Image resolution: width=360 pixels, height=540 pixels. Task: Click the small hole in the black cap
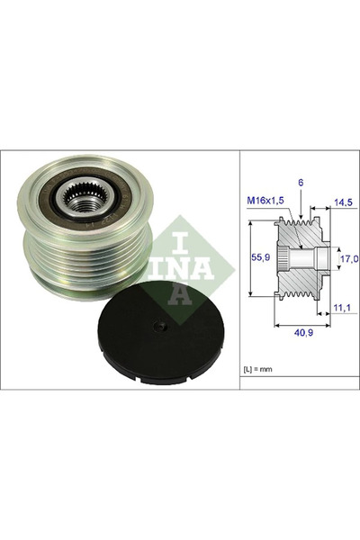coord(156,328)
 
